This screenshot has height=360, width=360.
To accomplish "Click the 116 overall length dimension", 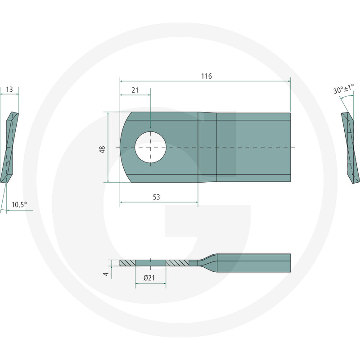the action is pyautogui.click(x=207, y=76).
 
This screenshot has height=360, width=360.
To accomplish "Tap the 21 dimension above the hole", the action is pyautogui.click(x=135, y=90).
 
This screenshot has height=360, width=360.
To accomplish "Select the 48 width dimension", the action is pyautogui.click(x=102, y=149).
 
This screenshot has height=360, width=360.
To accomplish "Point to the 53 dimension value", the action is pyautogui.click(x=156, y=197).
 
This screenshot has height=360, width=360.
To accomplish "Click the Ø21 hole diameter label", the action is pyautogui.click(x=149, y=278).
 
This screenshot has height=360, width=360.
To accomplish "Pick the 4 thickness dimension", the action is pyautogui.click(x=106, y=274).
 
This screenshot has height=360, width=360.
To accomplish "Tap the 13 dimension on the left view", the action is pyautogui.click(x=9, y=89).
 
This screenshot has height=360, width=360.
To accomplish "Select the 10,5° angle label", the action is pyautogui.click(x=19, y=204).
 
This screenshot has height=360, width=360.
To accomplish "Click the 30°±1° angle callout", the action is pyautogui.click(x=344, y=89).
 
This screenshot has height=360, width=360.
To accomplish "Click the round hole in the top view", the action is pyautogui.click(x=150, y=147).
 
